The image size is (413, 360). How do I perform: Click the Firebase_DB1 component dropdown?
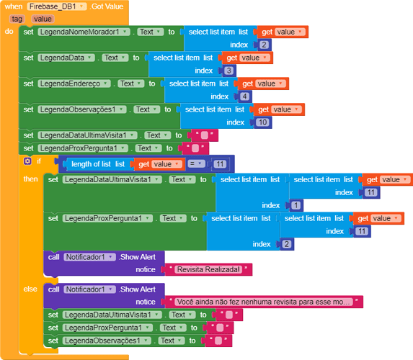point(57,6)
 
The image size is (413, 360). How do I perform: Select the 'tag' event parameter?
point(17,19)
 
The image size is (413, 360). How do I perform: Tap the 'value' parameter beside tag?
point(43,19)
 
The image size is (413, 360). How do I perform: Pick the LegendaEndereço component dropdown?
point(74,84)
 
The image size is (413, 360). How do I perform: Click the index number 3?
point(228,71)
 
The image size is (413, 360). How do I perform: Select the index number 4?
point(244,96)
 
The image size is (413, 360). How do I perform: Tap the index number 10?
point(262,122)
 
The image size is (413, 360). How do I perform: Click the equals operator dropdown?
point(196,164)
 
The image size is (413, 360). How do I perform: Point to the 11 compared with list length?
point(220,164)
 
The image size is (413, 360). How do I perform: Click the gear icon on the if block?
point(27,161)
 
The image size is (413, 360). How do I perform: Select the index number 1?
point(296,205)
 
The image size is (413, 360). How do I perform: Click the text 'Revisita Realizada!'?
point(208,269)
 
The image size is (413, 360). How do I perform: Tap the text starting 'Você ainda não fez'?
point(263,302)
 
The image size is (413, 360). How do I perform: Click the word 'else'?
point(30,289)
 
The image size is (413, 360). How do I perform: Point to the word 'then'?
point(30,179)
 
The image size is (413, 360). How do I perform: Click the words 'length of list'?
point(91,164)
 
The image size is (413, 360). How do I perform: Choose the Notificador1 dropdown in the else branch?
point(89,289)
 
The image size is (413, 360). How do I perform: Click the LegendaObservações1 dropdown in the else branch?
point(107,341)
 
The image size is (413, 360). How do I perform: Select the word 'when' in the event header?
point(14,6)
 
